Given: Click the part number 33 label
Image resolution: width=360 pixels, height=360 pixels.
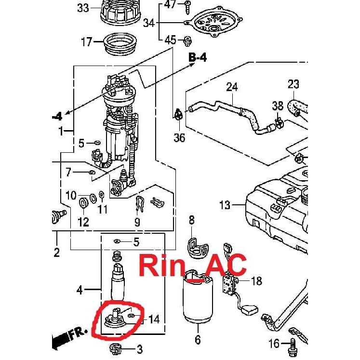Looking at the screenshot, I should click(83, 8).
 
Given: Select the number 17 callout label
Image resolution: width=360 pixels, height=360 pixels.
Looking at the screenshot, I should click(86, 42).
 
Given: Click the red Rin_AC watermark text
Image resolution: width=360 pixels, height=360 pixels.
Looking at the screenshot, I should click(193, 265).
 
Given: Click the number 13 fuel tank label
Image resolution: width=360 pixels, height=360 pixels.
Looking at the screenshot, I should click(225, 206).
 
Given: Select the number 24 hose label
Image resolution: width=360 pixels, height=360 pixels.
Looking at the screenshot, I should click(232, 87).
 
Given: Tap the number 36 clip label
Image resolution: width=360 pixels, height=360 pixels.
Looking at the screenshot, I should click(179, 138).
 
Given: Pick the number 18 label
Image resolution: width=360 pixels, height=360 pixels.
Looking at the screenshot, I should click(257, 280).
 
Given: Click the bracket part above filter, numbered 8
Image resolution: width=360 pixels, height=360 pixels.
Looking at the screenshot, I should click(198, 246).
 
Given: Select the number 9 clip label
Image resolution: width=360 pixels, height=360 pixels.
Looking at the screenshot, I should click(137, 222).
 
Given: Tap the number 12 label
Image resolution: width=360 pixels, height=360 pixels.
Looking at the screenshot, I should click(83, 222).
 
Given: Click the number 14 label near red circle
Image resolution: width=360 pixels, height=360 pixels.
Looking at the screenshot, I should click(154, 319).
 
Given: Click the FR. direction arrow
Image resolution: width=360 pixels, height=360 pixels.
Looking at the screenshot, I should click(70, 335).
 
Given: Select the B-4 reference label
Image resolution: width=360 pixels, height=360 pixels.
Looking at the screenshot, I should click(198, 58).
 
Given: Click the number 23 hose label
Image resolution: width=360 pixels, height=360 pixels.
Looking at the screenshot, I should click(293, 85).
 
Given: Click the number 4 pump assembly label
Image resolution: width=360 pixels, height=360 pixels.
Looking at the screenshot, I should click(80, 290).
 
